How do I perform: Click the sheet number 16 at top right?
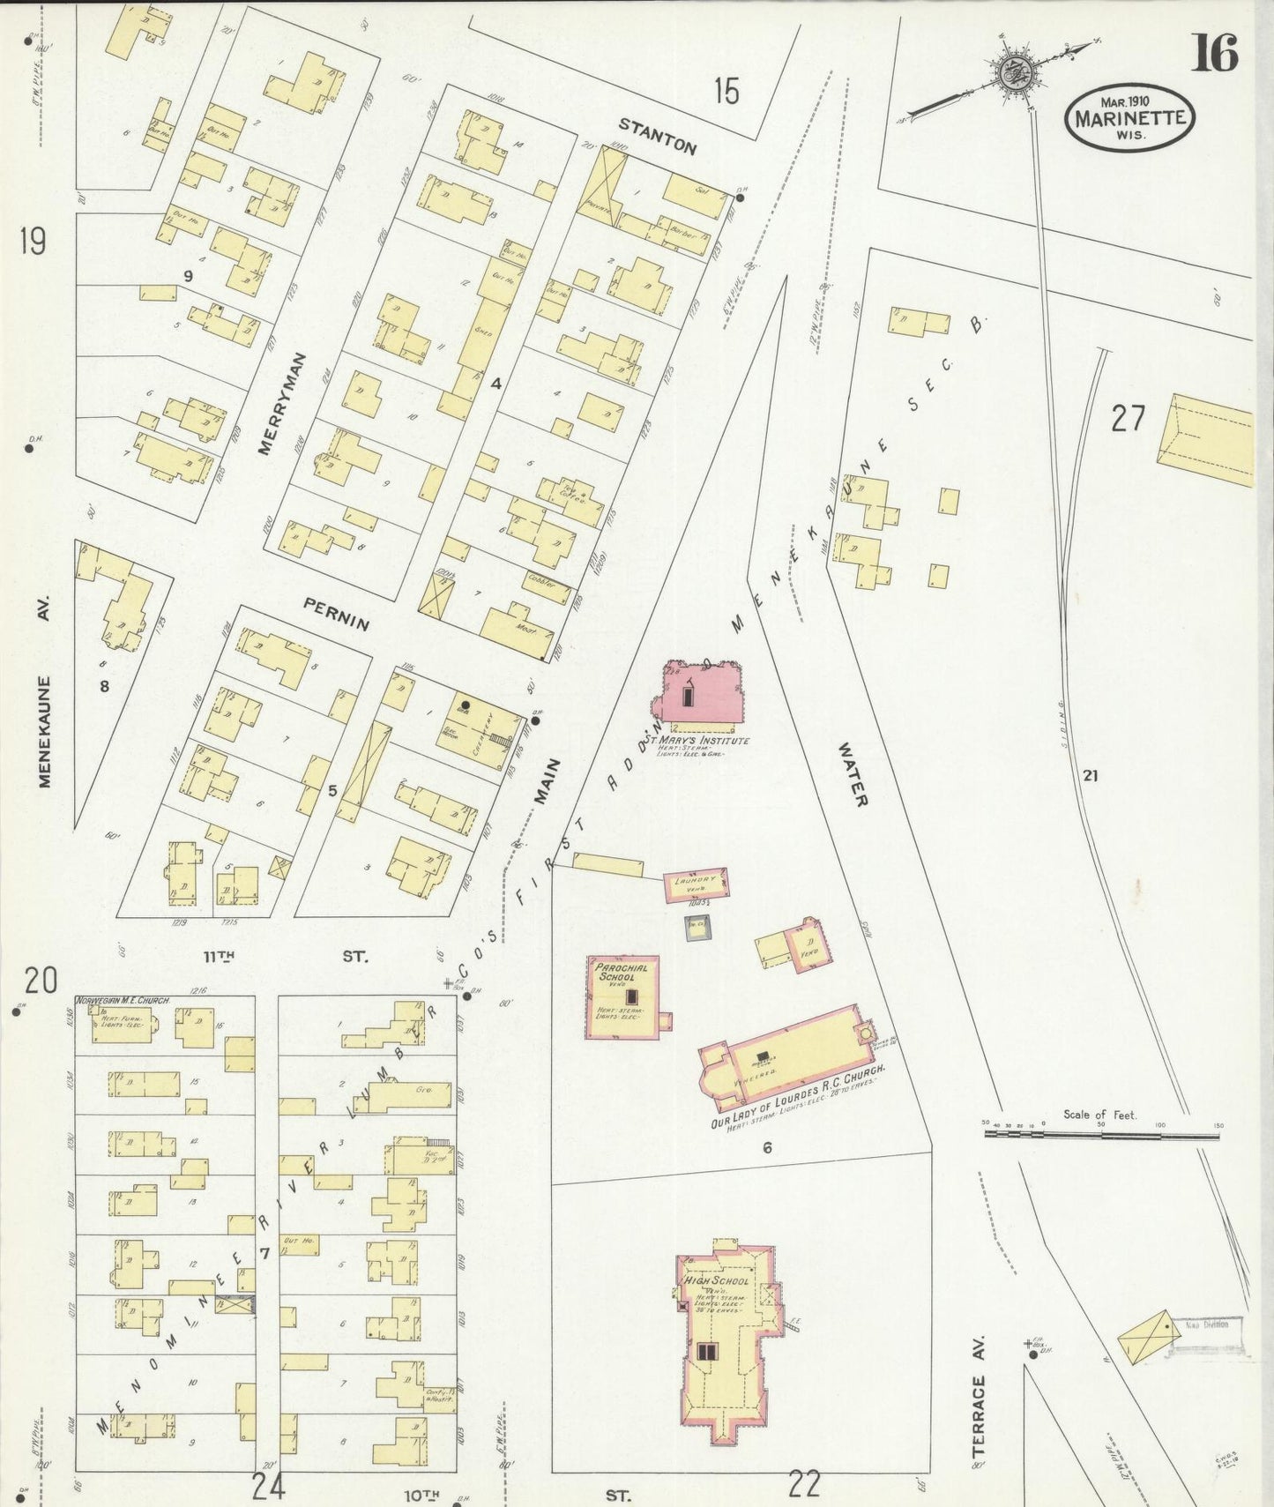1215,54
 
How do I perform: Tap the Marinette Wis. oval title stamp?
1130,119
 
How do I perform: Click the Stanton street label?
656,136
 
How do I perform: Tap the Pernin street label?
336,614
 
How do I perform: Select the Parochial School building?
623,996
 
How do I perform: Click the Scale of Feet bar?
1101,1135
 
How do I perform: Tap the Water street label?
853,773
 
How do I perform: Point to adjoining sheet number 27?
1127,418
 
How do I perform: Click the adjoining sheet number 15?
726,91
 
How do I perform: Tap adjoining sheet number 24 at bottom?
268,1486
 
